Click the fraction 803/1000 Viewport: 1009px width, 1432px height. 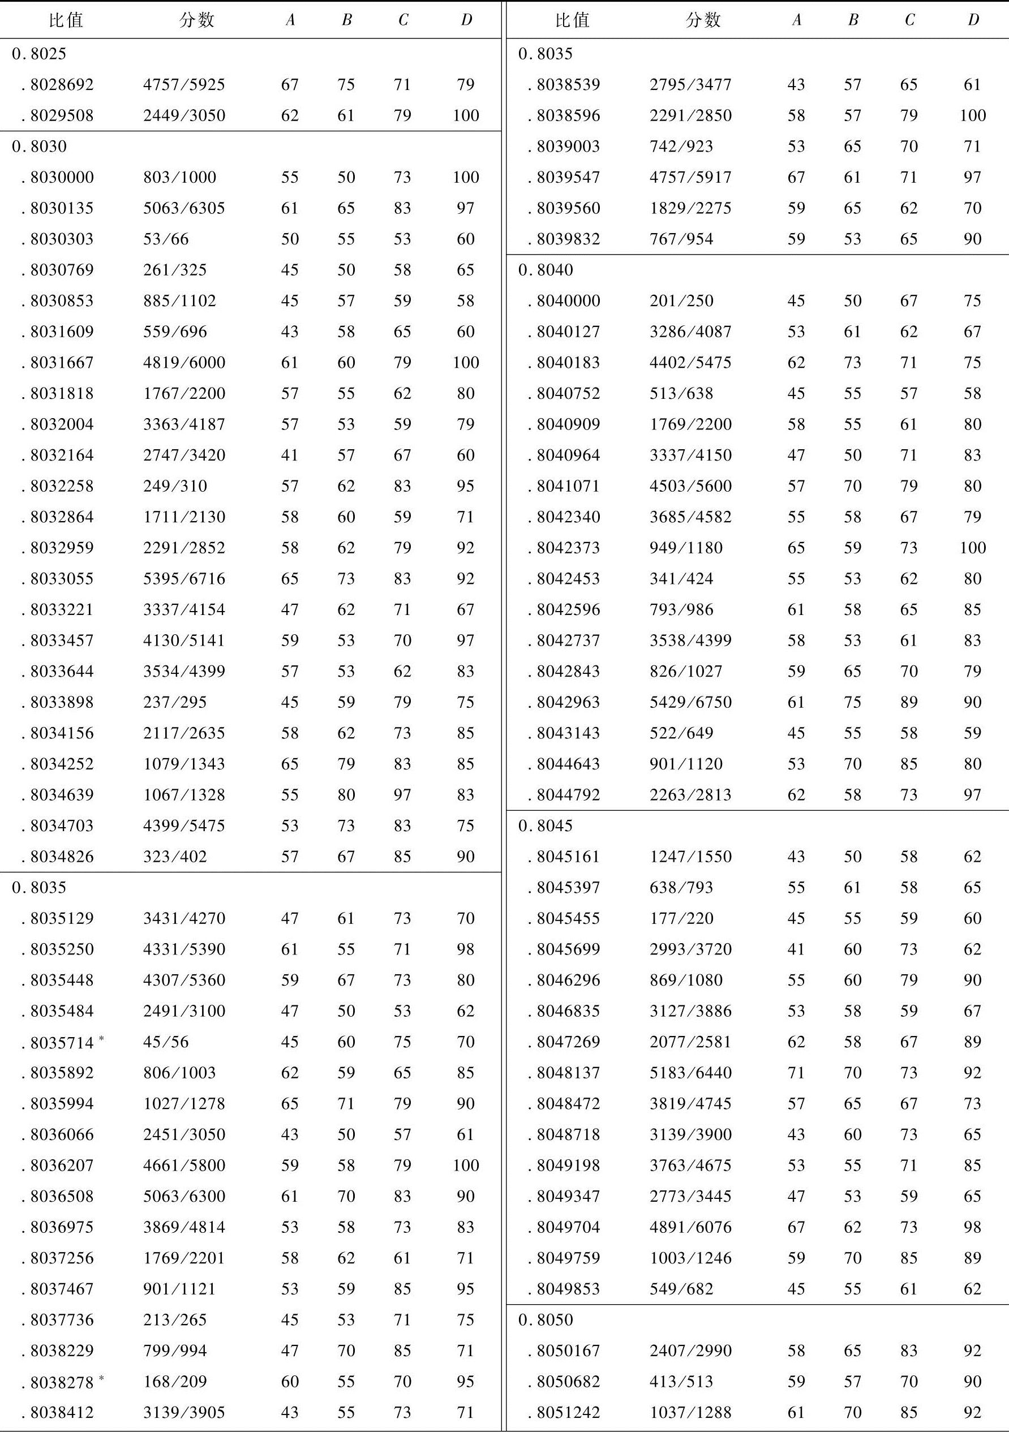point(180,177)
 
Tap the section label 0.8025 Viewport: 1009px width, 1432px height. point(38,54)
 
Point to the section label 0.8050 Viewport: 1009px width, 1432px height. point(546,1320)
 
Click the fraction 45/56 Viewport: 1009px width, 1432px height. point(166,1042)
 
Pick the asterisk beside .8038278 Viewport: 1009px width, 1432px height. point(101,1377)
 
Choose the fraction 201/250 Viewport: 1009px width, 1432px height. point(681,300)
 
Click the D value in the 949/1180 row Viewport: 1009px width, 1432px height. point(972,548)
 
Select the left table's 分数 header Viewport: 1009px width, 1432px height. point(196,20)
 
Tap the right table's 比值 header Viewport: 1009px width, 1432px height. point(572,20)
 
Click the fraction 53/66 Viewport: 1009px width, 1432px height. point(166,239)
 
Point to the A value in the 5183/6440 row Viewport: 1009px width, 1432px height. point(796,1073)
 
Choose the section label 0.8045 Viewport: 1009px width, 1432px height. point(546,826)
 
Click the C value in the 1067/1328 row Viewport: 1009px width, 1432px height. point(402,794)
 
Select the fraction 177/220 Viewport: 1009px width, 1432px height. point(681,918)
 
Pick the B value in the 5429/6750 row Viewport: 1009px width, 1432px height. point(852,702)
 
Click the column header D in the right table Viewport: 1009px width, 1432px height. point(973,20)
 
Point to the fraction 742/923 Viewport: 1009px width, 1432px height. point(681,146)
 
